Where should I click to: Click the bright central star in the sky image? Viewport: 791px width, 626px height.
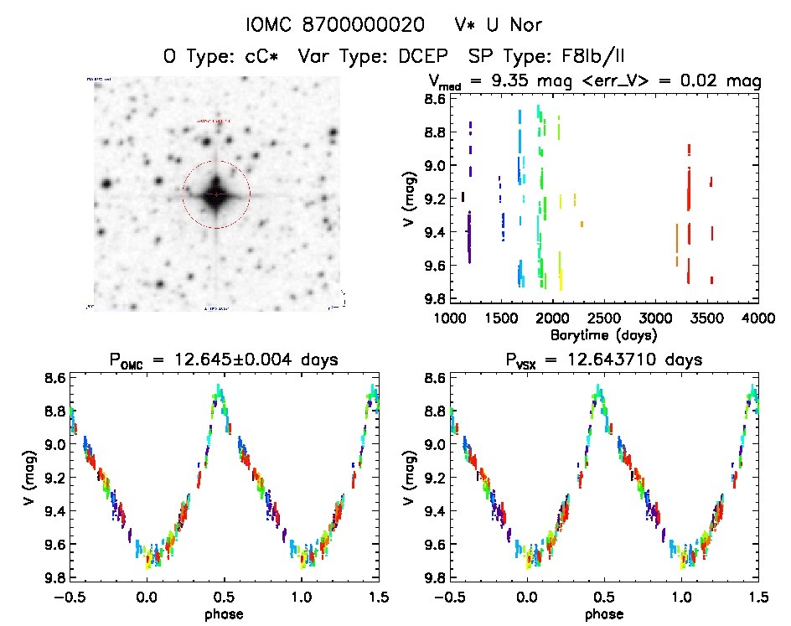click(216, 194)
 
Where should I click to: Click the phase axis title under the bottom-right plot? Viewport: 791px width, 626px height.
click(603, 613)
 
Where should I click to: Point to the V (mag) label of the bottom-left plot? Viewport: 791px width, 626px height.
click(32, 478)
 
